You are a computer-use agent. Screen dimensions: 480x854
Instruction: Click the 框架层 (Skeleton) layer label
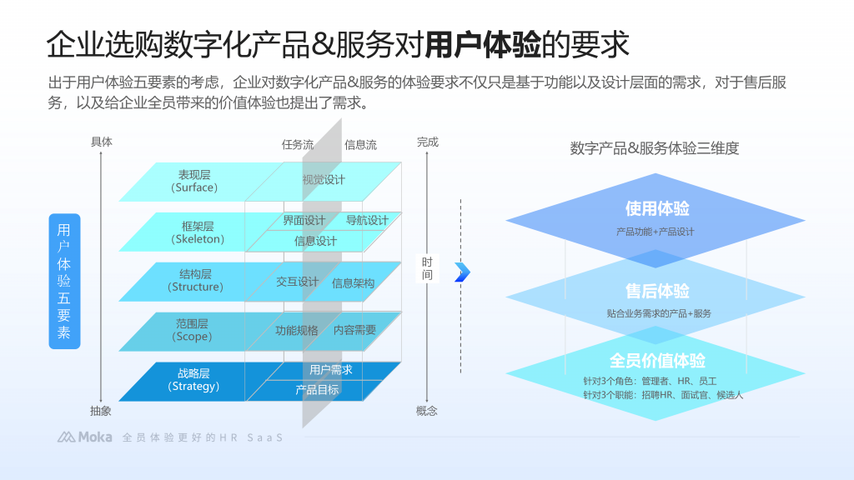198,232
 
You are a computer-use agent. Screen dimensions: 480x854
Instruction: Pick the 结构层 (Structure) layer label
196,280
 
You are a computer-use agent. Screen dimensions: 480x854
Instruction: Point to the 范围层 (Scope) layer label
192,330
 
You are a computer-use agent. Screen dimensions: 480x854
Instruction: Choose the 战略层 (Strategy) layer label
193,380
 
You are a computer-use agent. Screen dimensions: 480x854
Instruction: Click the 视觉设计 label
323,180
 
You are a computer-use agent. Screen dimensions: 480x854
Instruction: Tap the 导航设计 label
367,221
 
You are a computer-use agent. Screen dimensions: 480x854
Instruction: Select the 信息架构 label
353,283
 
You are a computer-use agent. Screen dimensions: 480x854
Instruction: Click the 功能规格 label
297,330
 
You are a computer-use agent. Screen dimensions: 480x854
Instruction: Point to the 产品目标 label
317,389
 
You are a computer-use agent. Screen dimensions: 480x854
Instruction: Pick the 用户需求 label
330,370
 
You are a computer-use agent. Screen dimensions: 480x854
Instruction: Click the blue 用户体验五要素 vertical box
64,281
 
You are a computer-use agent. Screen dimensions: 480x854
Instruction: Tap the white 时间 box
427,268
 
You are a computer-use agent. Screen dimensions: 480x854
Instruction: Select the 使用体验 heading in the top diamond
657,209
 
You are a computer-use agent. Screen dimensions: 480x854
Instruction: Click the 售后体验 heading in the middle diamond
657,292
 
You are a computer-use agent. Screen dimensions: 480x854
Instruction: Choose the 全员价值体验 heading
657,361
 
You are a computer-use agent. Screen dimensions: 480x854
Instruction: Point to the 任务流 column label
298,144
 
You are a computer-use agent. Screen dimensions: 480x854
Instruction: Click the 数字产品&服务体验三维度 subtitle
655,148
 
